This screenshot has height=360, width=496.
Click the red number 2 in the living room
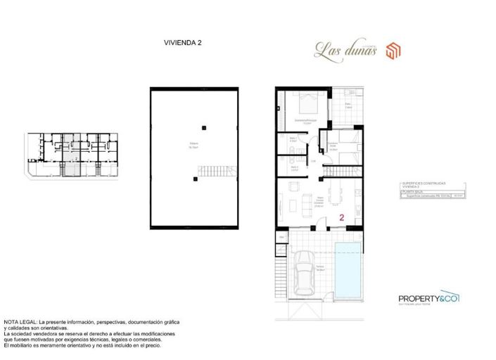341,218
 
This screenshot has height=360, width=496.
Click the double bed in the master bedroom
310,106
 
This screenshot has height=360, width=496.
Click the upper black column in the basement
203,127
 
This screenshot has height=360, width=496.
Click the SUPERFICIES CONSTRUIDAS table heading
422,184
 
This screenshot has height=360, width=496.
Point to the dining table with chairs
291,188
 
